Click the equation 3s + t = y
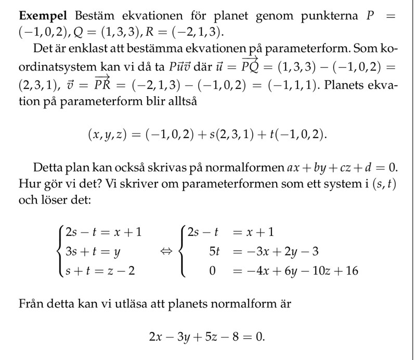coord(93,251)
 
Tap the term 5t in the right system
coord(214,252)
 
